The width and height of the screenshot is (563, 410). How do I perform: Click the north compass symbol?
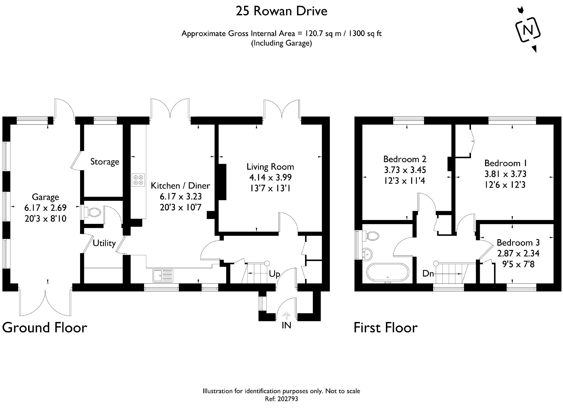(527, 29)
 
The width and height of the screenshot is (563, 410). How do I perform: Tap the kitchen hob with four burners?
(138, 180)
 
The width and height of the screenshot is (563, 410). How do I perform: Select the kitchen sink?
(163, 275)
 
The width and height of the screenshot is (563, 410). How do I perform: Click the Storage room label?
(105, 162)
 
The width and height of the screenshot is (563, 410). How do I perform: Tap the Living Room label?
(270, 167)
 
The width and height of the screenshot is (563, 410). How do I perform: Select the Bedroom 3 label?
(518, 243)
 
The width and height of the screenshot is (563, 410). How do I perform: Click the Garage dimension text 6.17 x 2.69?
(46, 208)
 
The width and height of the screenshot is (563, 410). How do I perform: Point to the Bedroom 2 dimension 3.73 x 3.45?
(405, 170)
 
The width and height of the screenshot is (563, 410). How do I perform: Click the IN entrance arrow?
(286, 316)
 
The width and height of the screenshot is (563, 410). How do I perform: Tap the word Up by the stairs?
(274, 274)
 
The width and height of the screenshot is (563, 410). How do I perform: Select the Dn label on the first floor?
(428, 274)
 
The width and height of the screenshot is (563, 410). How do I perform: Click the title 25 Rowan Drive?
(281, 11)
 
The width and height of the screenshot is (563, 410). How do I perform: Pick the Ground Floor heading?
(44, 327)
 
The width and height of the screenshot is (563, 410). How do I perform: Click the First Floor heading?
(385, 327)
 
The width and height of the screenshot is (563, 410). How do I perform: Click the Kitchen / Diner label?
(180, 186)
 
